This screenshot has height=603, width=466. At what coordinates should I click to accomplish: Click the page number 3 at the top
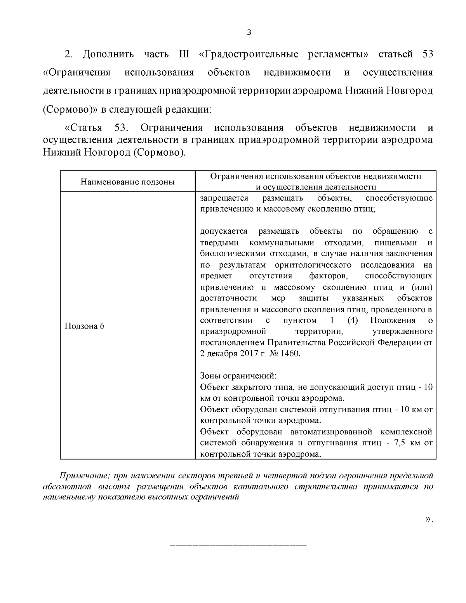[x=249, y=33]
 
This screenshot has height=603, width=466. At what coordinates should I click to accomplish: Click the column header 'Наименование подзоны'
[x=127, y=182]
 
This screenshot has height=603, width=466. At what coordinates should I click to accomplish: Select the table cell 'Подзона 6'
[x=84, y=326]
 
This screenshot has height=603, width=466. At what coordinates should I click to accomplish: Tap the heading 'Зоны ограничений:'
[x=238, y=376]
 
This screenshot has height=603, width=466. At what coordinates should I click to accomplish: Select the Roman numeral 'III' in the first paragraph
[x=184, y=54]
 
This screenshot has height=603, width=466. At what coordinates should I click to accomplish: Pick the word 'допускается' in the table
[x=224, y=231]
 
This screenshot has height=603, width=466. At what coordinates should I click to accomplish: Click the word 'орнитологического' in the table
[x=313, y=265]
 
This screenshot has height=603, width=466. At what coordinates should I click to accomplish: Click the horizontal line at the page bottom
[x=238, y=546]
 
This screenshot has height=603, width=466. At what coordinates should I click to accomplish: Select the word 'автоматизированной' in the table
[x=330, y=432]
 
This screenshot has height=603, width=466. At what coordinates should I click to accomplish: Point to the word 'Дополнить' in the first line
[x=108, y=54]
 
